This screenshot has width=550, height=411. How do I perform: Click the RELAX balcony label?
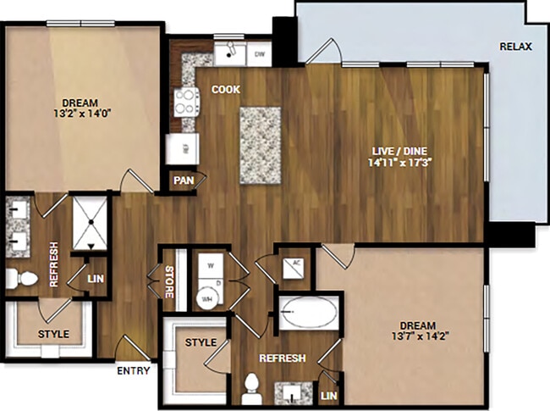click(x=514, y=47)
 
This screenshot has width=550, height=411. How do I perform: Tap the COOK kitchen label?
click(x=225, y=89)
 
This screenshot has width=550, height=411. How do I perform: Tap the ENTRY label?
click(x=135, y=370)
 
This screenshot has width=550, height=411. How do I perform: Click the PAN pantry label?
click(x=184, y=181)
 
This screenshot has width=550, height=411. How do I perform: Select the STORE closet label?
click(x=169, y=282)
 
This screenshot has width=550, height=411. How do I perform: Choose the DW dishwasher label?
click(x=260, y=53)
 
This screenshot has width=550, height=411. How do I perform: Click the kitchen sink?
click(x=228, y=54)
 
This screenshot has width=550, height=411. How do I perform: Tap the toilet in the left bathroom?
click(x=25, y=278)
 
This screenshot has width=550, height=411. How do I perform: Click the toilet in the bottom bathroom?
click(x=251, y=389)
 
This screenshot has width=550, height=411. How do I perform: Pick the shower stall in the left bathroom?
click(x=88, y=223)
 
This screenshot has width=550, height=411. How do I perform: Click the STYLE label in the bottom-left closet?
click(x=53, y=334)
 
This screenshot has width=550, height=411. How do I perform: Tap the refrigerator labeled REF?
click(x=182, y=147)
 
